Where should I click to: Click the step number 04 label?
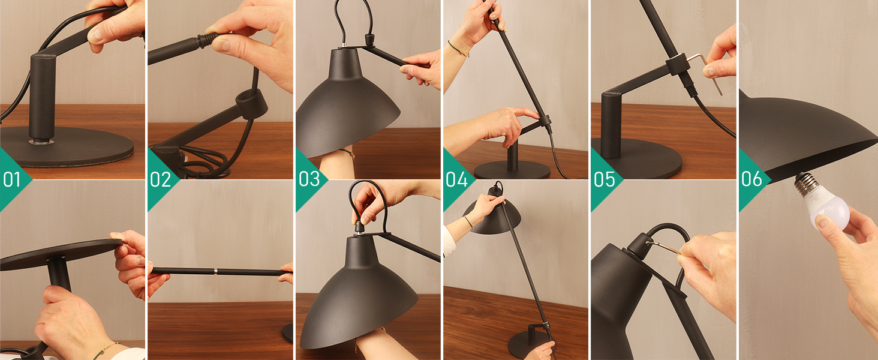coord(455,179)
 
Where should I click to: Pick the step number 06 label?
coord(751,179)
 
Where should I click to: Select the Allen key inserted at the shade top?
coord(666,246)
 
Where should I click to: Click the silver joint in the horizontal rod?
coord(214,272)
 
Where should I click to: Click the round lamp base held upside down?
coord(60,253)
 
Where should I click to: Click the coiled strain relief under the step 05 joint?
coord(690,89)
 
